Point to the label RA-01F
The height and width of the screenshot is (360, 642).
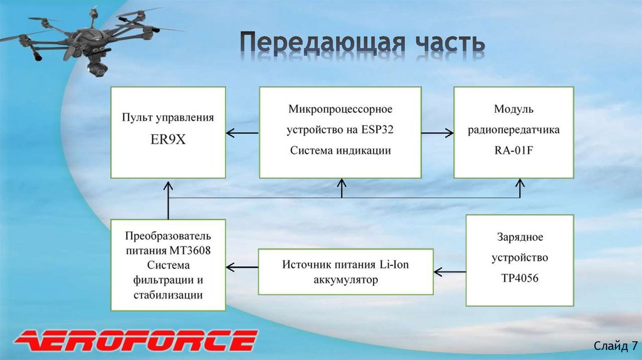(513, 151)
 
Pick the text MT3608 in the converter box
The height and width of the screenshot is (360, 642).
(189, 250)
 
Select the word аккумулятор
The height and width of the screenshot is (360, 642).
(345, 280)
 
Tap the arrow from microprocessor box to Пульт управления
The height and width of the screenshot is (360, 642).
(242, 133)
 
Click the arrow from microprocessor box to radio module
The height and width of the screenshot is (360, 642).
(437, 133)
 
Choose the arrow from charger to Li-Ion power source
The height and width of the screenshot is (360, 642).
(450, 272)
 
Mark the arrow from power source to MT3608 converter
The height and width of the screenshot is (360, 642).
(242, 267)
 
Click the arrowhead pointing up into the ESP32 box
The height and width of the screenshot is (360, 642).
(342, 183)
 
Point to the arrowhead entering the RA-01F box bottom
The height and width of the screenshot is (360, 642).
(520, 183)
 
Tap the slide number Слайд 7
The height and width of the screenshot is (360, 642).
(616, 346)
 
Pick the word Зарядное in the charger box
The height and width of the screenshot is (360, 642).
(519, 237)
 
